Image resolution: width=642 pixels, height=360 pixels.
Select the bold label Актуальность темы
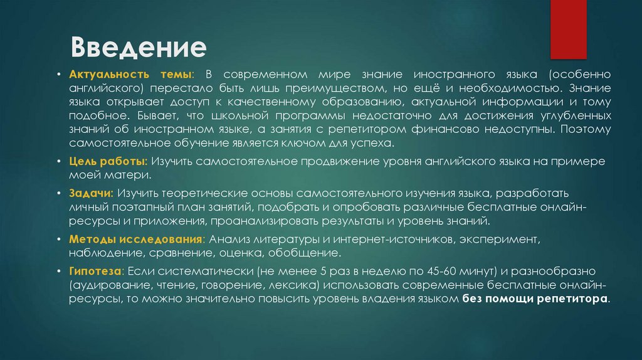click(x=131, y=75)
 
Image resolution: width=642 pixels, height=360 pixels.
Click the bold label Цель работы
click(x=108, y=161)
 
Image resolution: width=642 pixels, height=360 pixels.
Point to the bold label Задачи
click(x=91, y=193)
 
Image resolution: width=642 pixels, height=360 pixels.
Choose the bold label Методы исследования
click(x=136, y=240)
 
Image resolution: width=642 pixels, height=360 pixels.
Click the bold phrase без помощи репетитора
click(x=536, y=300)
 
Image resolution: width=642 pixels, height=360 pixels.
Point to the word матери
click(x=127, y=175)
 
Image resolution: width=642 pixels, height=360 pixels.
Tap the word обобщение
click(x=305, y=253)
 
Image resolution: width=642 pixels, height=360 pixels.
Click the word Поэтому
click(x=586, y=130)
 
